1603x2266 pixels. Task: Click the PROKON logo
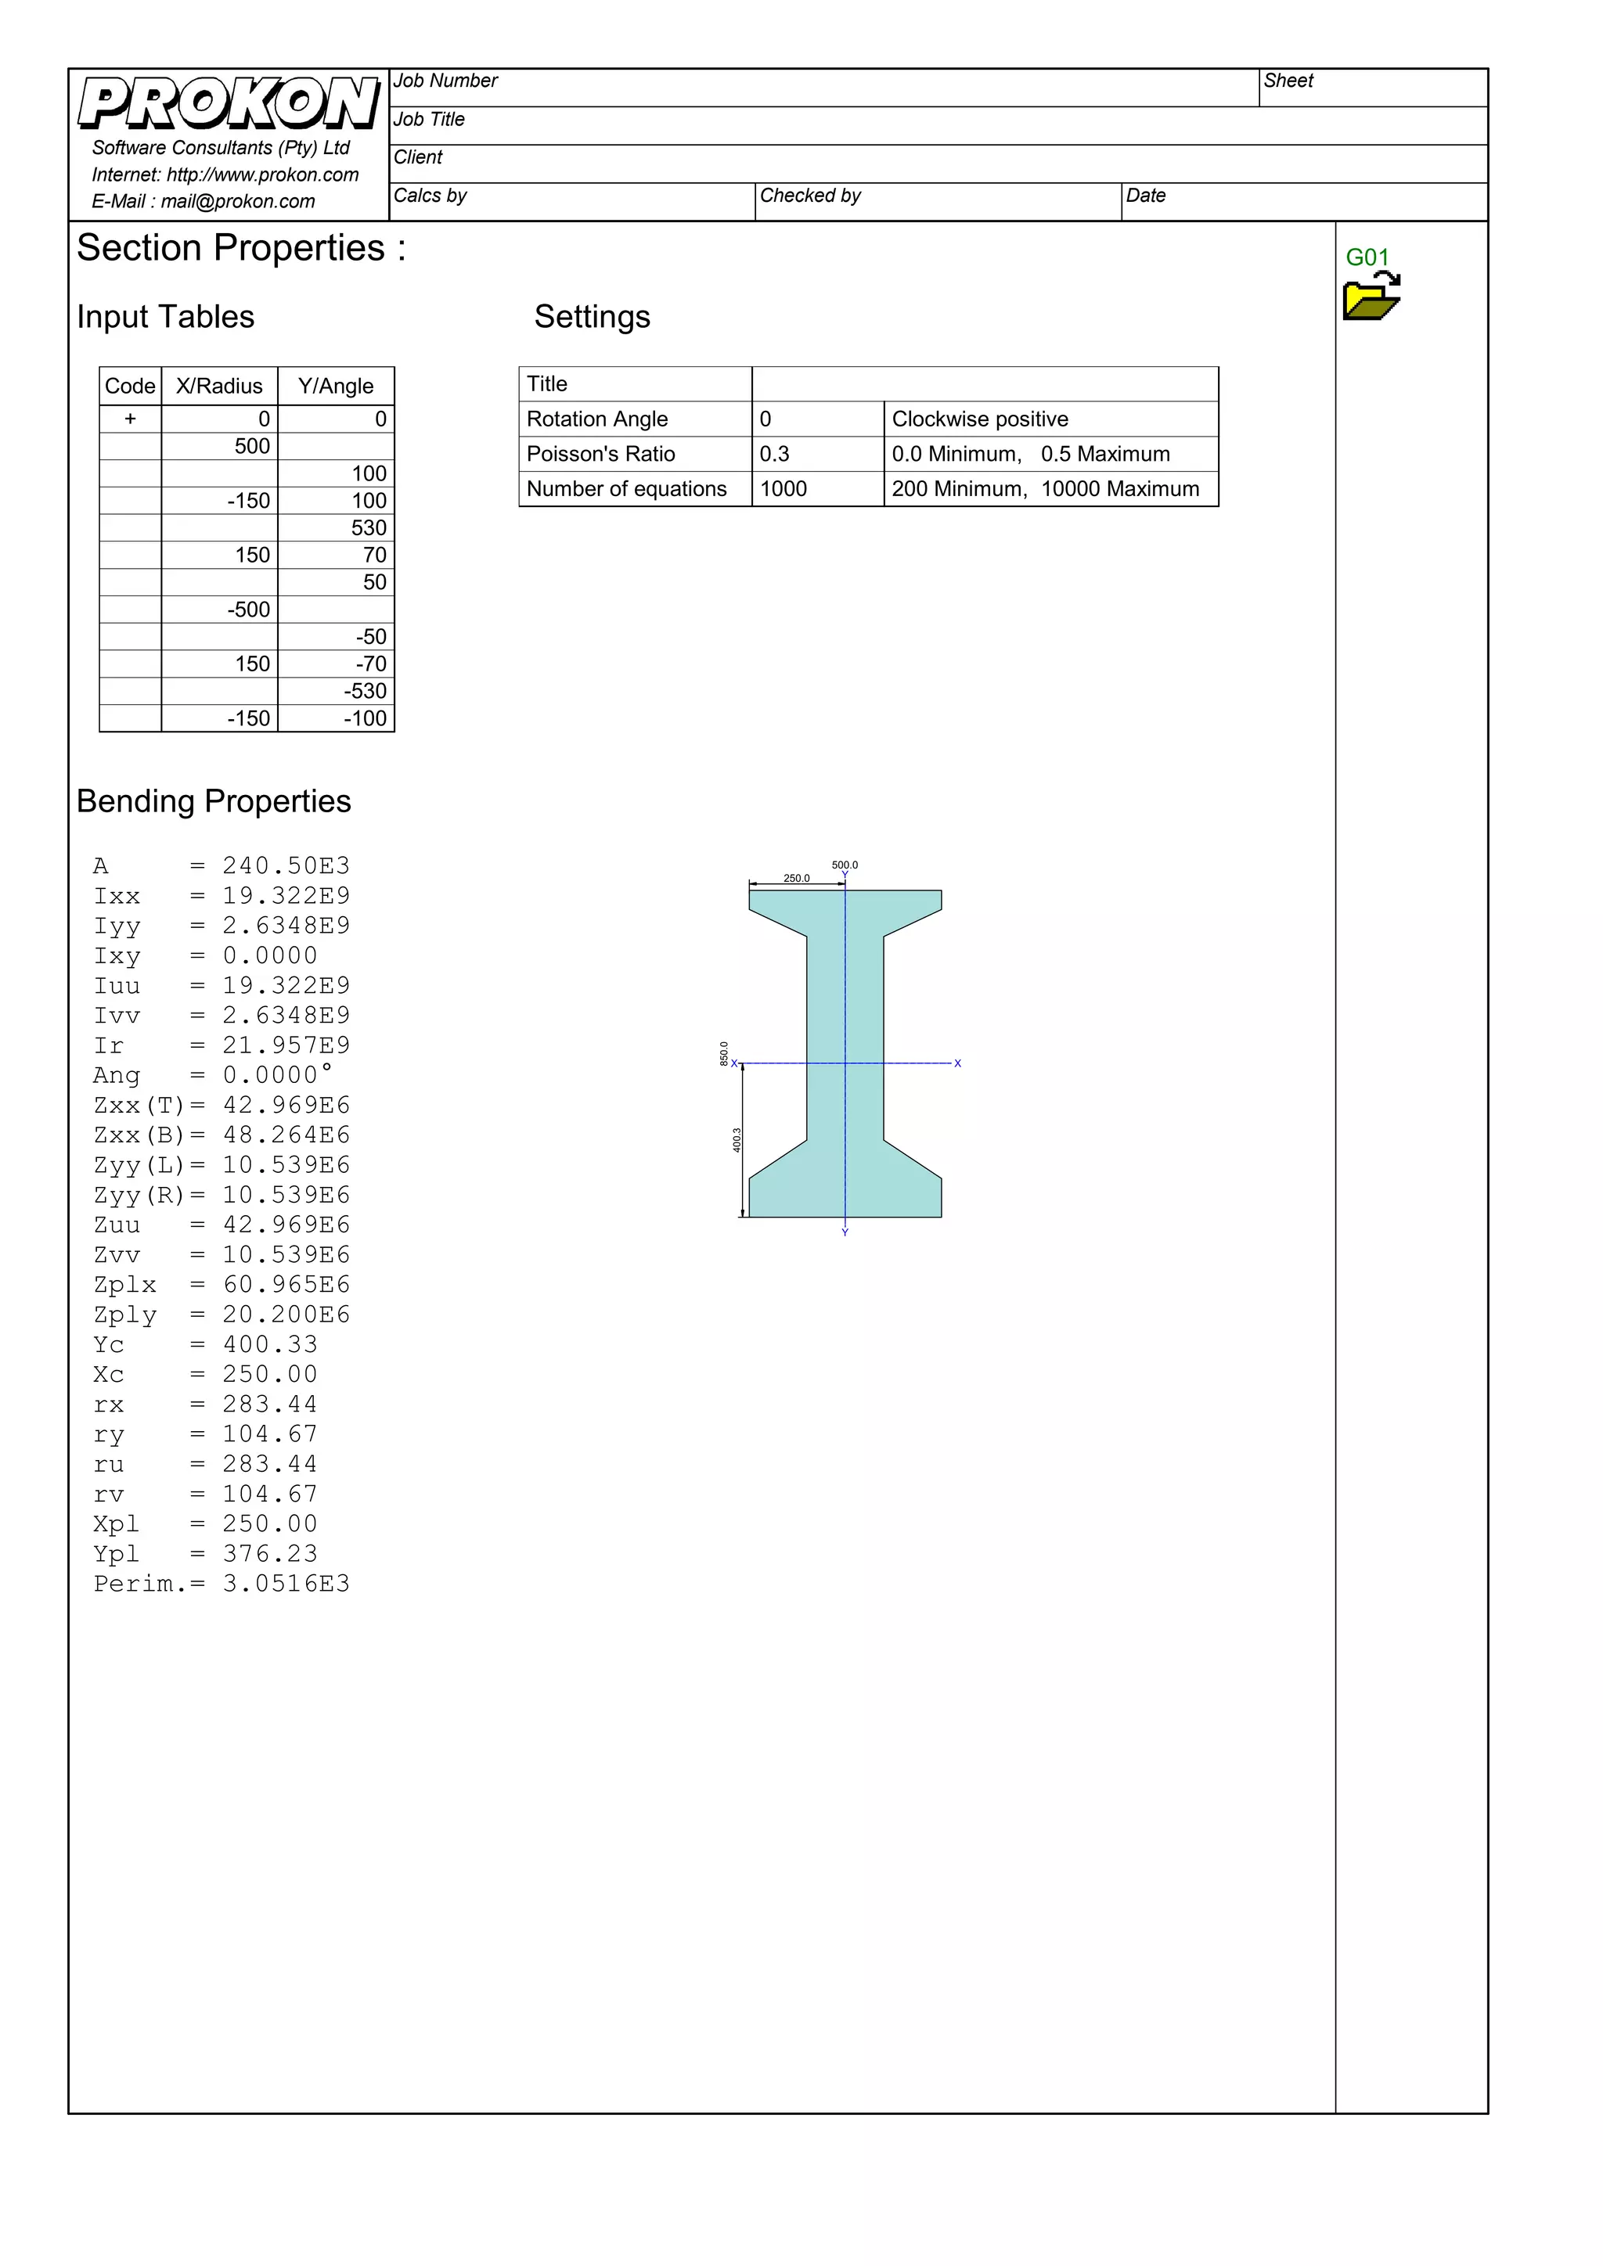[229, 103]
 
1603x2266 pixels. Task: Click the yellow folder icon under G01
[1371, 299]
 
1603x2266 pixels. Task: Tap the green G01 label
[1367, 257]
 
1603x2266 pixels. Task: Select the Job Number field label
[445, 81]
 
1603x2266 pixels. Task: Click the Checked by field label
[809, 196]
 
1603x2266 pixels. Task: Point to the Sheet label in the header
[1288, 81]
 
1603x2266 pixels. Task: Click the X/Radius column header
[219, 386]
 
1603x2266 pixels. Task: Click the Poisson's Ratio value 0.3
[775, 454]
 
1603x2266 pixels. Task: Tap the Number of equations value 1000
[783, 488]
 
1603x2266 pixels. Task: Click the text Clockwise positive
[979, 419]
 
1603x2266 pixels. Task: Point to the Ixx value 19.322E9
[286, 895]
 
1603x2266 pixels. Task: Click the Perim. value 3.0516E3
[286, 1583]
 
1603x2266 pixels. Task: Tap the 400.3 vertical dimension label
[737, 1140]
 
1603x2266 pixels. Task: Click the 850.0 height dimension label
[723, 1053]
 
